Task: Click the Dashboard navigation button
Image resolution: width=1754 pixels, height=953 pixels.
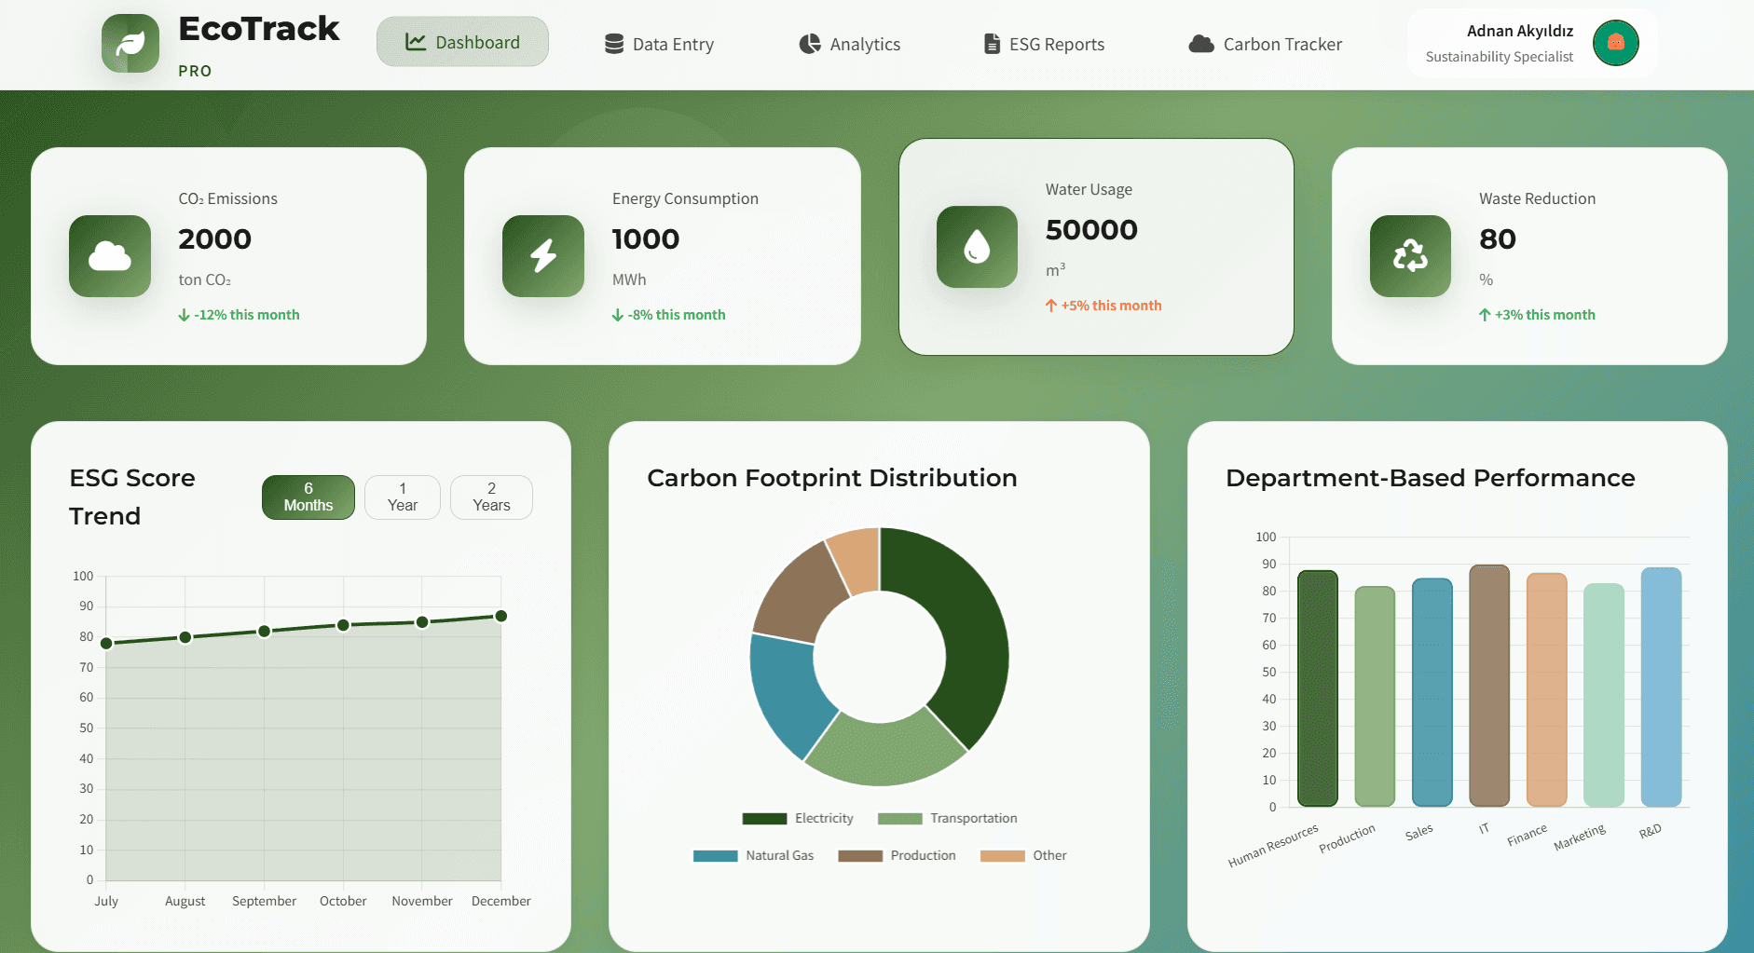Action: [462, 42]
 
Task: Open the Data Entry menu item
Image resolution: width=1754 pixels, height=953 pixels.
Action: [659, 44]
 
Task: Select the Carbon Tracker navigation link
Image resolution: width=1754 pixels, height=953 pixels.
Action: [1265, 44]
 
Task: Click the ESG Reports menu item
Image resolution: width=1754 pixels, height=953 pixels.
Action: [1044, 44]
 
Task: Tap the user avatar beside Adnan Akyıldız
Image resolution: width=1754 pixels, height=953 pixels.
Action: [1615, 43]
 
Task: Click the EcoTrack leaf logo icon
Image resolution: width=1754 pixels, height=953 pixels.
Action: [130, 43]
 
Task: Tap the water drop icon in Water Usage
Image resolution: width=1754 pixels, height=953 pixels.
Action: [977, 247]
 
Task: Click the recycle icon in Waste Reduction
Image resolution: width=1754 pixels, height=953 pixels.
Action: [1410, 256]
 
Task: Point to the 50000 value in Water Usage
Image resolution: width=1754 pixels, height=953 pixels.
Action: [1091, 229]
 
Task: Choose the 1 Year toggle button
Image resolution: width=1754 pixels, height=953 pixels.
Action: [402, 497]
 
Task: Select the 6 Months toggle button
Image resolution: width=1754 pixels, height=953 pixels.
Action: [308, 497]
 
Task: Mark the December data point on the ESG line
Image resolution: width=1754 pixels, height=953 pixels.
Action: [500, 616]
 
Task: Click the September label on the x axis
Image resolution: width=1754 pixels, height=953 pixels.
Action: [264, 901]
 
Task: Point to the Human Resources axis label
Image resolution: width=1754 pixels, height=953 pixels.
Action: [1273, 845]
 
